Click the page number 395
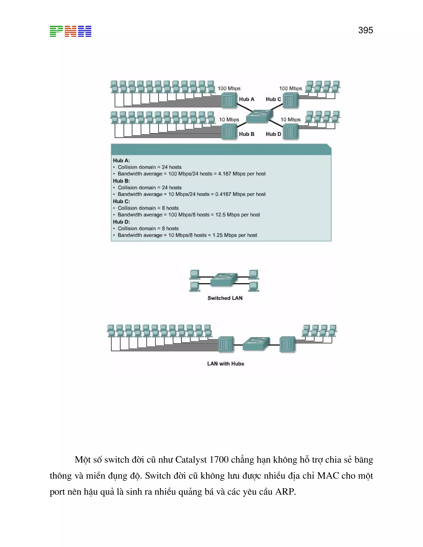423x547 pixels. (x=365, y=30)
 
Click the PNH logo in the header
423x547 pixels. (x=70, y=31)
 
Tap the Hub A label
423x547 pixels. (x=246, y=99)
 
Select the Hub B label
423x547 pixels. (x=246, y=134)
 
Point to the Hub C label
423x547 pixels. (x=273, y=99)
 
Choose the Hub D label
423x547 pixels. (x=273, y=134)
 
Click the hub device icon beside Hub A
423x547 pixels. (x=229, y=101)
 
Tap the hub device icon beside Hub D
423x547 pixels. (x=291, y=132)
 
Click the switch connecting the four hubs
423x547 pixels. (x=259, y=116)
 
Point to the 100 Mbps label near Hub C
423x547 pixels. (x=290, y=88)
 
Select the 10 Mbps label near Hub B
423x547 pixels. (x=229, y=120)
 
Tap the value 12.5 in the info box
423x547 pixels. (x=220, y=215)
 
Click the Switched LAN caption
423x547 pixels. (x=225, y=298)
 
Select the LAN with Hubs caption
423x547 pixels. (x=226, y=364)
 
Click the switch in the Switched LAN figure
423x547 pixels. (x=224, y=280)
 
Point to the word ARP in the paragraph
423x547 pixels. (x=285, y=492)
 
